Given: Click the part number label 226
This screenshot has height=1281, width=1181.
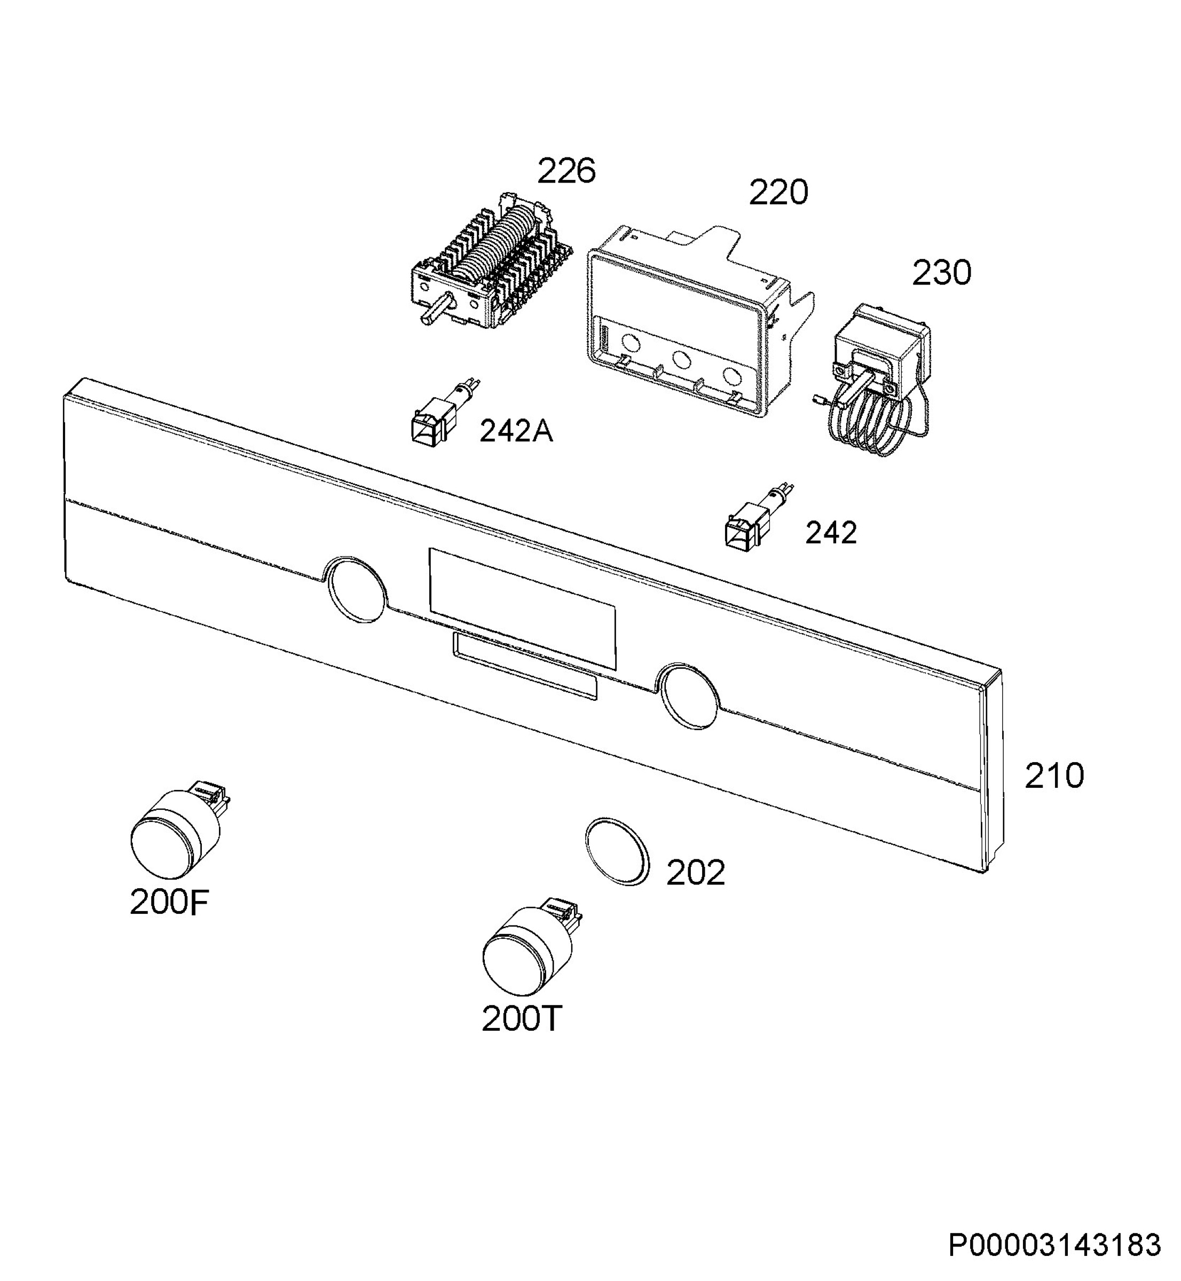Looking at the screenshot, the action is pyautogui.click(x=566, y=171).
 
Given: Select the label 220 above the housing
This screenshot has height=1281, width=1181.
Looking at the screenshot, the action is pyautogui.click(x=778, y=192).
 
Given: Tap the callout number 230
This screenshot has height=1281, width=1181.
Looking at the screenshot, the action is pyautogui.click(x=941, y=273).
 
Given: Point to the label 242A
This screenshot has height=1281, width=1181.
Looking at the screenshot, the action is pyautogui.click(x=516, y=432).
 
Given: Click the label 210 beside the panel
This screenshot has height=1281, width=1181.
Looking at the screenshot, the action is pyautogui.click(x=1054, y=776).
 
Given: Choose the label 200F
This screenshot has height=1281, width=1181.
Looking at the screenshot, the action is pyautogui.click(x=169, y=903).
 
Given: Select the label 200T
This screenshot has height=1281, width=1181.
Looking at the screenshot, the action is pyautogui.click(x=521, y=1019).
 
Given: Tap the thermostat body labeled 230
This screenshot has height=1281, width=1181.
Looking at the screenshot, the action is pyautogui.click(x=882, y=351).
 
